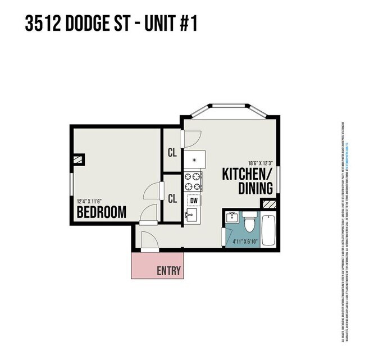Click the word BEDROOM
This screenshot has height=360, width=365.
[101, 212]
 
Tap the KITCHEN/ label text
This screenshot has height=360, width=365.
[247, 173]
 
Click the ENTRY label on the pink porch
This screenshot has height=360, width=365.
[168, 271]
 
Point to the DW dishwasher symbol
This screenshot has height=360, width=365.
[194, 200]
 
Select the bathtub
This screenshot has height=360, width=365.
[269, 229]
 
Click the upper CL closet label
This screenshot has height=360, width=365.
[172, 152]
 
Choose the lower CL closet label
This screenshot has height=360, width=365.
[172, 198]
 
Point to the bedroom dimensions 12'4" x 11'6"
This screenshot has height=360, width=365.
[93, 201]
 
